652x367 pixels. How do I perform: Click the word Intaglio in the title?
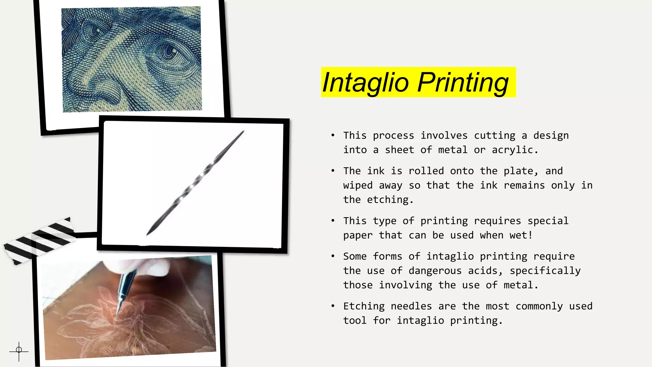click(365, 83)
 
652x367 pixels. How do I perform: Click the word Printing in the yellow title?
click(463, 83)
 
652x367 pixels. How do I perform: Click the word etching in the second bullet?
click(387, 200)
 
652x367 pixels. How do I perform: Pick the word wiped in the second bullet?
click(358, 185)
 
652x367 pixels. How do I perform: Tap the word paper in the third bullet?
click(358, 235)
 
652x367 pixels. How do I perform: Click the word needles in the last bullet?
click(411, 306)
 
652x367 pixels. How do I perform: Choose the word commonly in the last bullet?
click(539, 306)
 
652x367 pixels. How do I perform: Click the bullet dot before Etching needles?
click(333, 306)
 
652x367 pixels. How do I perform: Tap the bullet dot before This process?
click(333, 135)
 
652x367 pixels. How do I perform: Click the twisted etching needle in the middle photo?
click(195, 183)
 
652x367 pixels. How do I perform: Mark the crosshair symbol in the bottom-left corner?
click(19, 350)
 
